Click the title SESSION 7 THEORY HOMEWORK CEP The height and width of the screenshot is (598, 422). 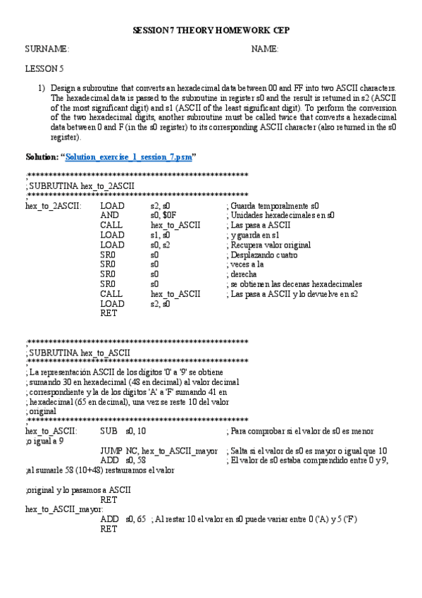click(211, 31)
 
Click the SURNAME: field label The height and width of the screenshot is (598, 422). click(47, 49)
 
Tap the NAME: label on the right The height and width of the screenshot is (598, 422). click(265, 49)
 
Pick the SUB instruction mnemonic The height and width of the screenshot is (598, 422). click(109, 430)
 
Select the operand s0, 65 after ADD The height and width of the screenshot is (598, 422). click(136, 519)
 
